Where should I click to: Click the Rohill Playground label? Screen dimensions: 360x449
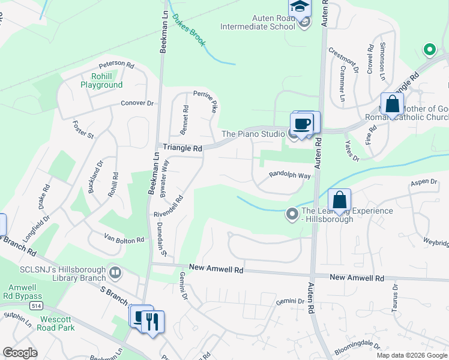pos(101,80)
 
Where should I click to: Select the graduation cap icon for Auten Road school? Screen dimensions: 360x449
pos(298,7)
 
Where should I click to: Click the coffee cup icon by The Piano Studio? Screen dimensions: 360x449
pos(301,124)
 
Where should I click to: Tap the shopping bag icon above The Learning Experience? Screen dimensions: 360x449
pos(339,199)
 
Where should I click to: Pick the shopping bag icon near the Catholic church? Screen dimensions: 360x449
pos(392,104)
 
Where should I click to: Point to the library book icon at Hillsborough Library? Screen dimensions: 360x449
pos(115,274)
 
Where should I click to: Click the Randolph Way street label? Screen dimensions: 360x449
pos(289,175)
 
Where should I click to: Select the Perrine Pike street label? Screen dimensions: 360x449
pos(205,102)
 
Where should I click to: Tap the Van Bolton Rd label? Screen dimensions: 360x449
pos(124,239)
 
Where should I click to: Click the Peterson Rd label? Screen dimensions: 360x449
pos(116,63)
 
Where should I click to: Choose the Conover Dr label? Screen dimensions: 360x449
pos(137,103)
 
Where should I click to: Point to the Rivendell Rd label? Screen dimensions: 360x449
pos(171,205)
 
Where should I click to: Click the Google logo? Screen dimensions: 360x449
pos(20,353)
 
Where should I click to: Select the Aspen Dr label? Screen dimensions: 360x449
pos(424,182)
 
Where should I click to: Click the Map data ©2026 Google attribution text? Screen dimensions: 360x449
pos(411,355)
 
